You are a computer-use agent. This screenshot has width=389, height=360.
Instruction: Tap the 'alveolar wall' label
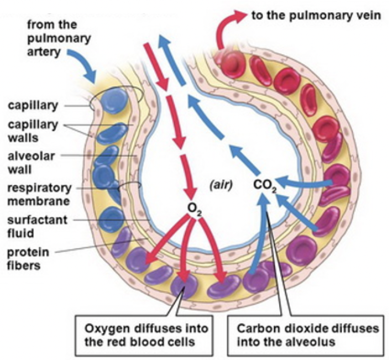point(28,161)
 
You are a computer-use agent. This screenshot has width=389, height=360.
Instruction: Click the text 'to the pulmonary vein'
point(316,15)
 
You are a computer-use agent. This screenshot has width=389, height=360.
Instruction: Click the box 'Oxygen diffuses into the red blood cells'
point(146,335)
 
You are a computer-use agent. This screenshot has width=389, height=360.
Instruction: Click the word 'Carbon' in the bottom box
point(255,329)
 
